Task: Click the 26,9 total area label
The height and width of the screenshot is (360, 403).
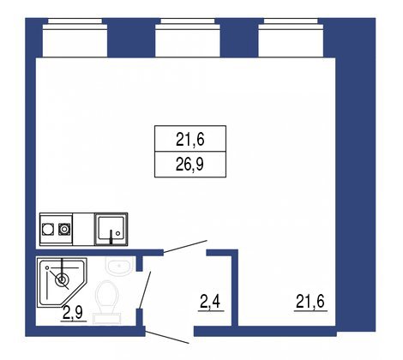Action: pos(189,164)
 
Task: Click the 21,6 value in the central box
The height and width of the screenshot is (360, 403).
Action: pos(189,137)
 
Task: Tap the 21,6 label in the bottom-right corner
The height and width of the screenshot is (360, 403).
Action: pos(313,302)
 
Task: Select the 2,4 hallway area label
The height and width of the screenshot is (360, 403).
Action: pos(211,302)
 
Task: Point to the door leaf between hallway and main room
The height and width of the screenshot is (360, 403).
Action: pos(184,246)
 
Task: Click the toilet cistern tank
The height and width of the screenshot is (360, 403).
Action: pos(108,318)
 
